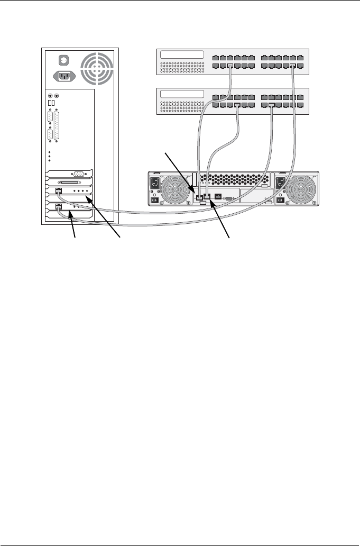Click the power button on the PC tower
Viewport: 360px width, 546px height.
pos(64,59)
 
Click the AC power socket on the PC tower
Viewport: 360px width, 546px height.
pos(64,76)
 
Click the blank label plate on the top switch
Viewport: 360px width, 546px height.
pos(181,54)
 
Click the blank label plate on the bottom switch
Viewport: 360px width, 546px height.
pos(181,94)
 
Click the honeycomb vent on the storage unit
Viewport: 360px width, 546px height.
pos(233,179)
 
